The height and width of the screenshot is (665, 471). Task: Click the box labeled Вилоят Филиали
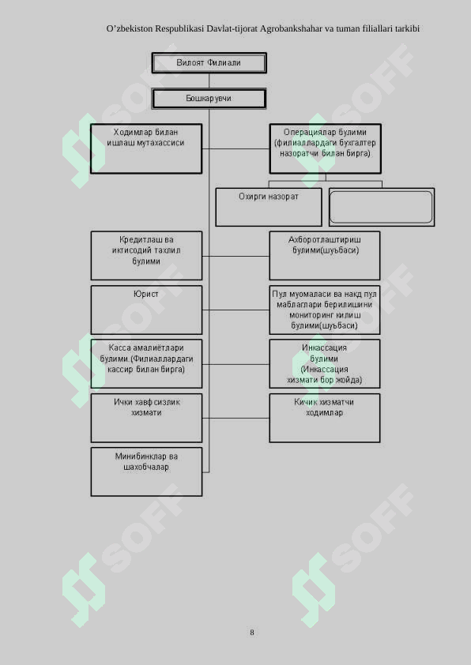[209, 62]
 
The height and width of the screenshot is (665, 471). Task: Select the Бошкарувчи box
[209, 99]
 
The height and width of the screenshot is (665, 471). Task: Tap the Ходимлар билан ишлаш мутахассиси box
[146, 148]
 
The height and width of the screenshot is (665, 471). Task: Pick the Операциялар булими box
[326, 148]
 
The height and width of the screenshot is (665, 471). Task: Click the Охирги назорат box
[269, 207]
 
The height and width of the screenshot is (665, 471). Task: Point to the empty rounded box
[382, 207]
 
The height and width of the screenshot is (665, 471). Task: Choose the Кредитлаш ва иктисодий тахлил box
[146, 256]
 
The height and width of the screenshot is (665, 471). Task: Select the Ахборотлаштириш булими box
[325, 256]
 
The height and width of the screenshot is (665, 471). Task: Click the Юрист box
[146, 310]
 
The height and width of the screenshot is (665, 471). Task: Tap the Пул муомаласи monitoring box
[325, 310]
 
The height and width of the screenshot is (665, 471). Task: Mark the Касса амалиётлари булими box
[146, 364]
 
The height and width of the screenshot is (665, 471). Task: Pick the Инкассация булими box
[325, 364]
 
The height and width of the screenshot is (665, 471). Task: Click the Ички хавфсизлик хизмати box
[146, 418]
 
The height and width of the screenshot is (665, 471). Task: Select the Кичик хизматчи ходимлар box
[325, 418]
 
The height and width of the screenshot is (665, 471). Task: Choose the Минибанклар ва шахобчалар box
[146, 472]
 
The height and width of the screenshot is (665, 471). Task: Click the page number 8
[251, 633]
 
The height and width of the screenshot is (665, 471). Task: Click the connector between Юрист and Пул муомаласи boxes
[236, 310]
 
